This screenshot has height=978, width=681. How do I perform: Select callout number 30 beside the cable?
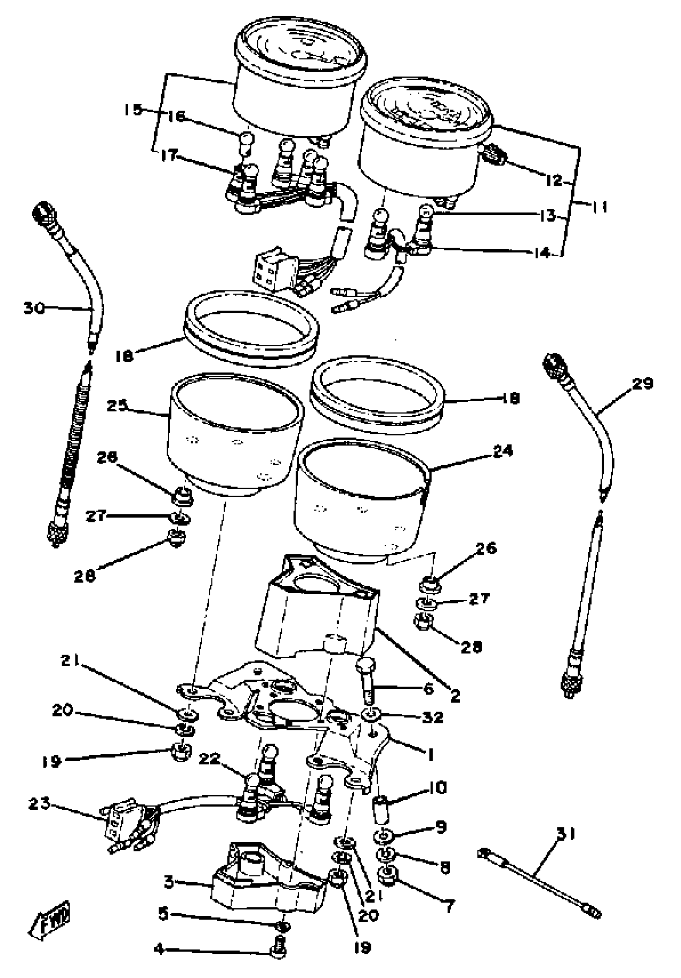click(x=34, y=308)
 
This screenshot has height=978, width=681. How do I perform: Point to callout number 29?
click(x=642, y=384)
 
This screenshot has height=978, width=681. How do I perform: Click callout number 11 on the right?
click(x=599, y=207)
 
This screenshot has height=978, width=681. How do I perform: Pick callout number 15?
click(x=133, y=109)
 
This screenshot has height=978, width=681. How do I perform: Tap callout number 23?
click(x=39, y=804)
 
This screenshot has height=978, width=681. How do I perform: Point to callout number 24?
click(x=503, y=451)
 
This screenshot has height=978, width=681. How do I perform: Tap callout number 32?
click(x=433, y=717)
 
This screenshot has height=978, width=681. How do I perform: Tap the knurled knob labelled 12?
click(x=495, y=157)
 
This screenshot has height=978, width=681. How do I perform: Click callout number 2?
click(x=456, y=696)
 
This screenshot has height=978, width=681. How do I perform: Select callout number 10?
click(x=436, y=787)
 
